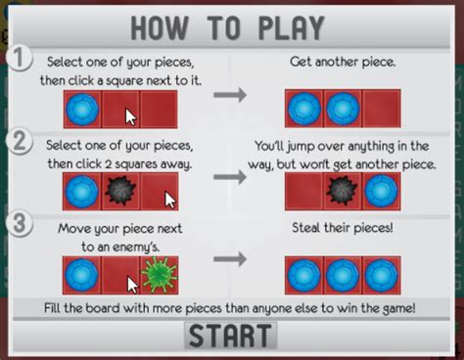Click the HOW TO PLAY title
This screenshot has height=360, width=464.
(x=231, y=28)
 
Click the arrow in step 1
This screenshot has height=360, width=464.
(x=230, y=95)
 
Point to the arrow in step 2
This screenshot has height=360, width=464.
(x=230, y=179)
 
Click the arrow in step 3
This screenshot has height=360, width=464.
(x=230, y=260)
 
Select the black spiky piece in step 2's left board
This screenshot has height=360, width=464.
(x=119, y=192)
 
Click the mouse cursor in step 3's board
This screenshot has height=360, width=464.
(x=130, y=285)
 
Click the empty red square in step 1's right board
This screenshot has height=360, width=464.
(x=380, y=108)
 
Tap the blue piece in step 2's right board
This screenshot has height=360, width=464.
(x=380, y=192)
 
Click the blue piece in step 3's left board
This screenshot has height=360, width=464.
(x=81, y=275)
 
